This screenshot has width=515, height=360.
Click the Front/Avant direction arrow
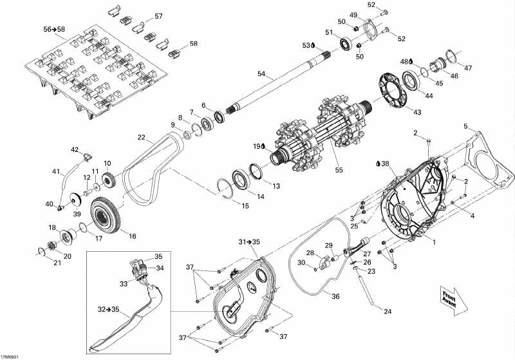pyautogui.click(x=454, y=301)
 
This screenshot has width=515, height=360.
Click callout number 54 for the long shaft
pyautogui.click(x=261, y=74)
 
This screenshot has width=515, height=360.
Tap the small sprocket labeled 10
pyautogui.click(x=109, y=180)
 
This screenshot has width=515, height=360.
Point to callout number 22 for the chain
pyautogui.click(x=141, y=137)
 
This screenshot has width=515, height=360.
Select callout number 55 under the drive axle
pyautogui.click(x=339, y=170)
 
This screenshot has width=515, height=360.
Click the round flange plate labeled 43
pyautogui.click(x=393, y=90)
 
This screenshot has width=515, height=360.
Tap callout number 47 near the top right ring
pyautogui.click(x=468, y=68)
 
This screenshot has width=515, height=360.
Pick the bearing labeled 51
pyautogui.click(x=346, y=44)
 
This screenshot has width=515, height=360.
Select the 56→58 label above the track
pyautogui.click(x=54, y=29)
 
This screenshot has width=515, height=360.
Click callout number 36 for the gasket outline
pyautogui.click(x=335, y=296)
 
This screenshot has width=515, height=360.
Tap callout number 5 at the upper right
pyautogui.click(x=465, y=126)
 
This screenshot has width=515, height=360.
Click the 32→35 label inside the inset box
pyautogui.click(x=109, y=309)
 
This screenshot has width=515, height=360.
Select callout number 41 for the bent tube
pyautogui.click(x=56, y=171)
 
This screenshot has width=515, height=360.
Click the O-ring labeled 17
pyautogui.click(x=84, y=227)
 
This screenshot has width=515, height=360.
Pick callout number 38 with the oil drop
pyautogui.click(x=382, y=163)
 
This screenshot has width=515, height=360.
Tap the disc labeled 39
pyautogui.click(x=76, y=200)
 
